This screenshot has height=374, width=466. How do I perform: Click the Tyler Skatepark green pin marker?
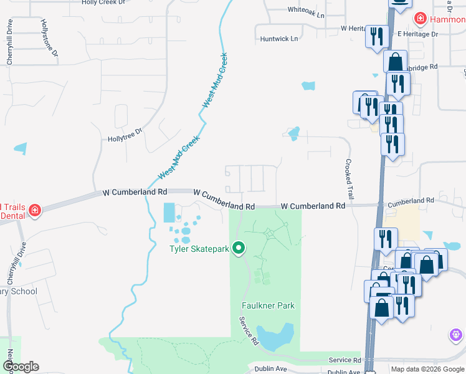pos(238,248)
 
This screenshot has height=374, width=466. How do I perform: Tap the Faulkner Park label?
pos(268,305)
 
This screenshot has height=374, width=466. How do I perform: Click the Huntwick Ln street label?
pos(279,39)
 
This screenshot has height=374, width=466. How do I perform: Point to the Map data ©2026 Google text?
pos(427,369)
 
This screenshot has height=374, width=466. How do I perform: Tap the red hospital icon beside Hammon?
pos(421,19)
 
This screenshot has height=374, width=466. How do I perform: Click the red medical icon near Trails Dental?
pos(34,209)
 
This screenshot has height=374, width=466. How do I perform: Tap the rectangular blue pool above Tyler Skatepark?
pos(169,213)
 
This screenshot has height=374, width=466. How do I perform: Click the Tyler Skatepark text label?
pos(199,249)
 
